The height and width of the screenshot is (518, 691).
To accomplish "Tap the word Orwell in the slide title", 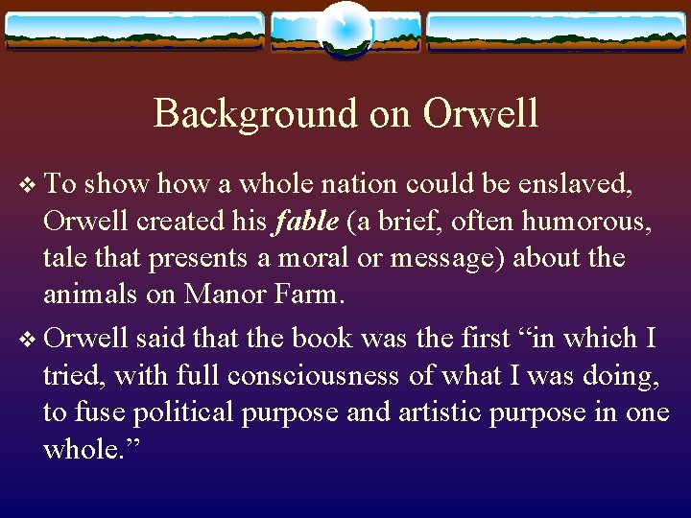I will click(x=481, y=113).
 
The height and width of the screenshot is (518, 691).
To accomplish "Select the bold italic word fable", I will click(x=305, y=222).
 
